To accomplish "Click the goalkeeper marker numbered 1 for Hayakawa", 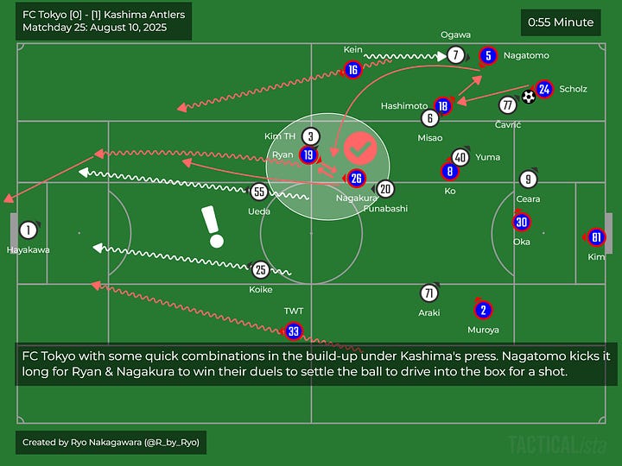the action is click(x=29, y=230).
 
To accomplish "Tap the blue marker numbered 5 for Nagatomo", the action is click(x=488, y=56).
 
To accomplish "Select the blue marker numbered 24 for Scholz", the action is click(x=544, y=89).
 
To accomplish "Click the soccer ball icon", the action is click(x=528, y=97).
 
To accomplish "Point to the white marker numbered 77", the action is click(x=507, y=104).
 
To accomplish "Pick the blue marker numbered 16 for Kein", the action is click(x=352, y=70).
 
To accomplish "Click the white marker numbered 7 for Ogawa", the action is click(x=456, y=56).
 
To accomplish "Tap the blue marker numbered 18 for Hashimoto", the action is click(x=443, y=106).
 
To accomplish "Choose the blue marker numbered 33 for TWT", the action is click(x=294, y=331).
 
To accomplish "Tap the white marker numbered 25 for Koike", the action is click(x=260, y=270).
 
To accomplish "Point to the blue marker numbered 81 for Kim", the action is click(x=596, y=237).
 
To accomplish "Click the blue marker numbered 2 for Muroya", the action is click(x=483, y=311).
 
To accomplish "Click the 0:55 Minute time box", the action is click(x=561, y=22).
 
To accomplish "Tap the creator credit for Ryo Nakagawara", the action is click(x=111, y=442).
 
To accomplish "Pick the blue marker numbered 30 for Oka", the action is click(x=521, y=222).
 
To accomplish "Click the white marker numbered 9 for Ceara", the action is click(x=529, y=179).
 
